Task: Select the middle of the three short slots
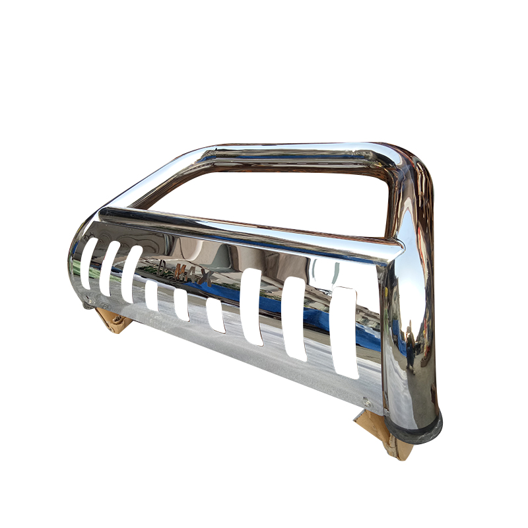(181, 306)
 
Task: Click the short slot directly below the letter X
(215, 315)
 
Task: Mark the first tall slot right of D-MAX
(251, 307)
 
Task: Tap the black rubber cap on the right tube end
(417, 428)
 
